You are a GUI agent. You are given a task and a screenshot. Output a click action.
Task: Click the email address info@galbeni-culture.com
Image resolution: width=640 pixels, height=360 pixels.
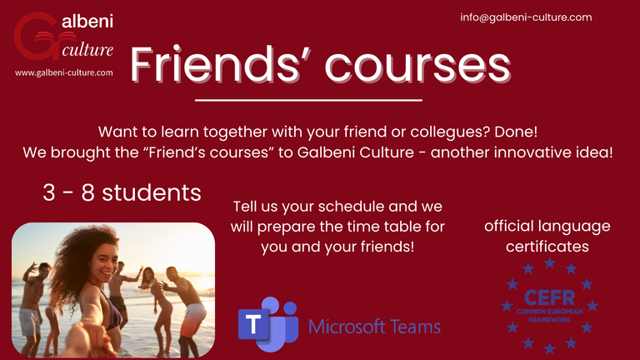[x=526, y=17]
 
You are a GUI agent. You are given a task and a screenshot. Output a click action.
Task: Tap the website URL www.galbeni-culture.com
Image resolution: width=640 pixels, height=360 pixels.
[x=63, y=72]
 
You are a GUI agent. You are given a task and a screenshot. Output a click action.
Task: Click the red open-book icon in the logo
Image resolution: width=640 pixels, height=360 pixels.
[x=56, y=38]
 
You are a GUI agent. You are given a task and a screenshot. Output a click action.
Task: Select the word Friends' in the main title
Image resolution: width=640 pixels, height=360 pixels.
[x=220, y=64]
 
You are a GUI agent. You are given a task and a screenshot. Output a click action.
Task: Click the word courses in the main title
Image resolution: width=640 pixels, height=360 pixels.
[x=417, y=67]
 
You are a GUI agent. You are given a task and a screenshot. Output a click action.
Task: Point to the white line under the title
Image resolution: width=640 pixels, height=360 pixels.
[x=308, y=100]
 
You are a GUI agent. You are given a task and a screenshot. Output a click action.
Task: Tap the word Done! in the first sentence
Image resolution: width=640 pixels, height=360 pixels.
[x=516, y=132]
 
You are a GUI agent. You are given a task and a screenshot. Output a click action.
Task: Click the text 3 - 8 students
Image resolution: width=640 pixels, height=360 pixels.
[x=122, y=192]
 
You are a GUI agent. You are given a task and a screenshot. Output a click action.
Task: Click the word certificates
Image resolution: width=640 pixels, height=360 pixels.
[x=547, y=247]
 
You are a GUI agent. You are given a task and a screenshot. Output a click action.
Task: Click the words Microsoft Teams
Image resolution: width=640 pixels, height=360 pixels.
[x=374, y=327]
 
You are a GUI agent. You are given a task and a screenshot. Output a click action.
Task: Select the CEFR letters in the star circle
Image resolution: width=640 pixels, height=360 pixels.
[x=549, y=297]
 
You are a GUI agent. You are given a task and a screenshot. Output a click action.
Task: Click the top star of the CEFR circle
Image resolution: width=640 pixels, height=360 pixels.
[x=550, y=262]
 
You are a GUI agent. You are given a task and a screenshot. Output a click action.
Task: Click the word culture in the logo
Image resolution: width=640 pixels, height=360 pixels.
[x=87, y=50]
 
